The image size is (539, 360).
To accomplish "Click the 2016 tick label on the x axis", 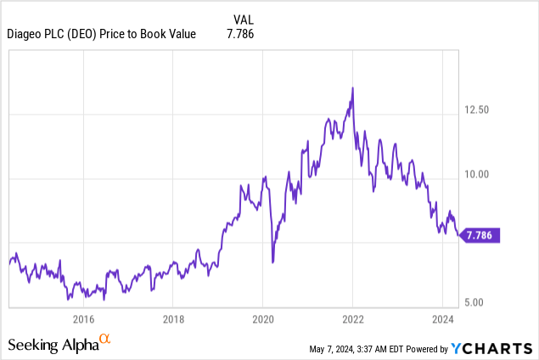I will pos(83,319).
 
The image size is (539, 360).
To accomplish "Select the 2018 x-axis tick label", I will pos(172,319).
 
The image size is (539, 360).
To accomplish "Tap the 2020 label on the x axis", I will pos(262,319).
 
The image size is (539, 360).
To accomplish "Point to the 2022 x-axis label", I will pos(352,319).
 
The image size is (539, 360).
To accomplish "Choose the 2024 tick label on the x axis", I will pos(442,319).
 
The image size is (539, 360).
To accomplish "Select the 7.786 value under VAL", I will pos(239,34).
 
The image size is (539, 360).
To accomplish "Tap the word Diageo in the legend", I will pos(25,34).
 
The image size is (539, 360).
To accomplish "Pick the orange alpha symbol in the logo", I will pos(105,340).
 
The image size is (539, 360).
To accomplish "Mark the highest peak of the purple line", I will pos(352,87).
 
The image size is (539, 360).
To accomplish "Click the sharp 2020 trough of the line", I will pos(272,262).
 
